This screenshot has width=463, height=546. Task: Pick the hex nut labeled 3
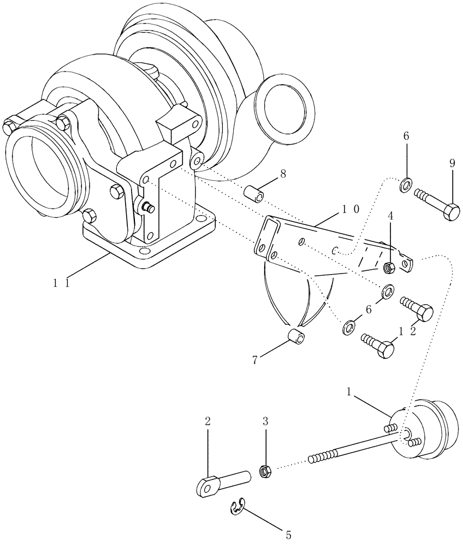tap(265, 470)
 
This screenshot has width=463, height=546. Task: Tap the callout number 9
tap(452, 163)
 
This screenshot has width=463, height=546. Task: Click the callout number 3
tap(266, 422)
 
